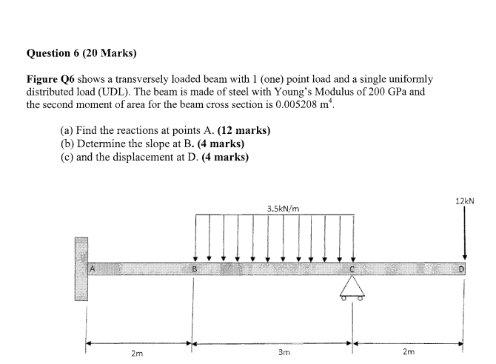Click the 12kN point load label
[x=464, y=200]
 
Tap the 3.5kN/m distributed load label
[x=284, y=209]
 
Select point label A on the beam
[x=94, y=268]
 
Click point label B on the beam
[x=195, y=268]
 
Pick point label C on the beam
[x=352, y=269]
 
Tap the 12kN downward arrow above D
[x=464, y=233]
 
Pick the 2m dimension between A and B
[x=138, y=354]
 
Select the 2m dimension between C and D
[x=409, y=354]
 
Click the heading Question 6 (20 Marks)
[x=81, y=53]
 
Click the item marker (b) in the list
[x=67, y=144]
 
